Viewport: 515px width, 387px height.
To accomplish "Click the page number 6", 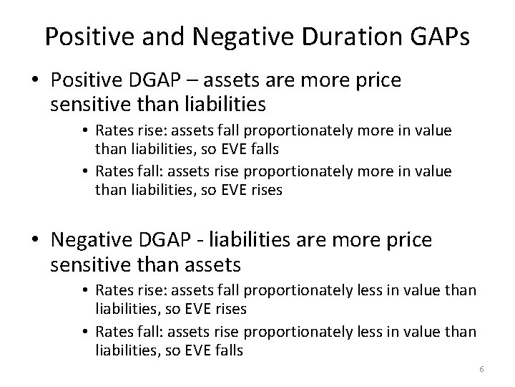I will point(481,369).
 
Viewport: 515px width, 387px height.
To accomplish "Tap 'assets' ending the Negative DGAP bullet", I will point(205,266).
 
